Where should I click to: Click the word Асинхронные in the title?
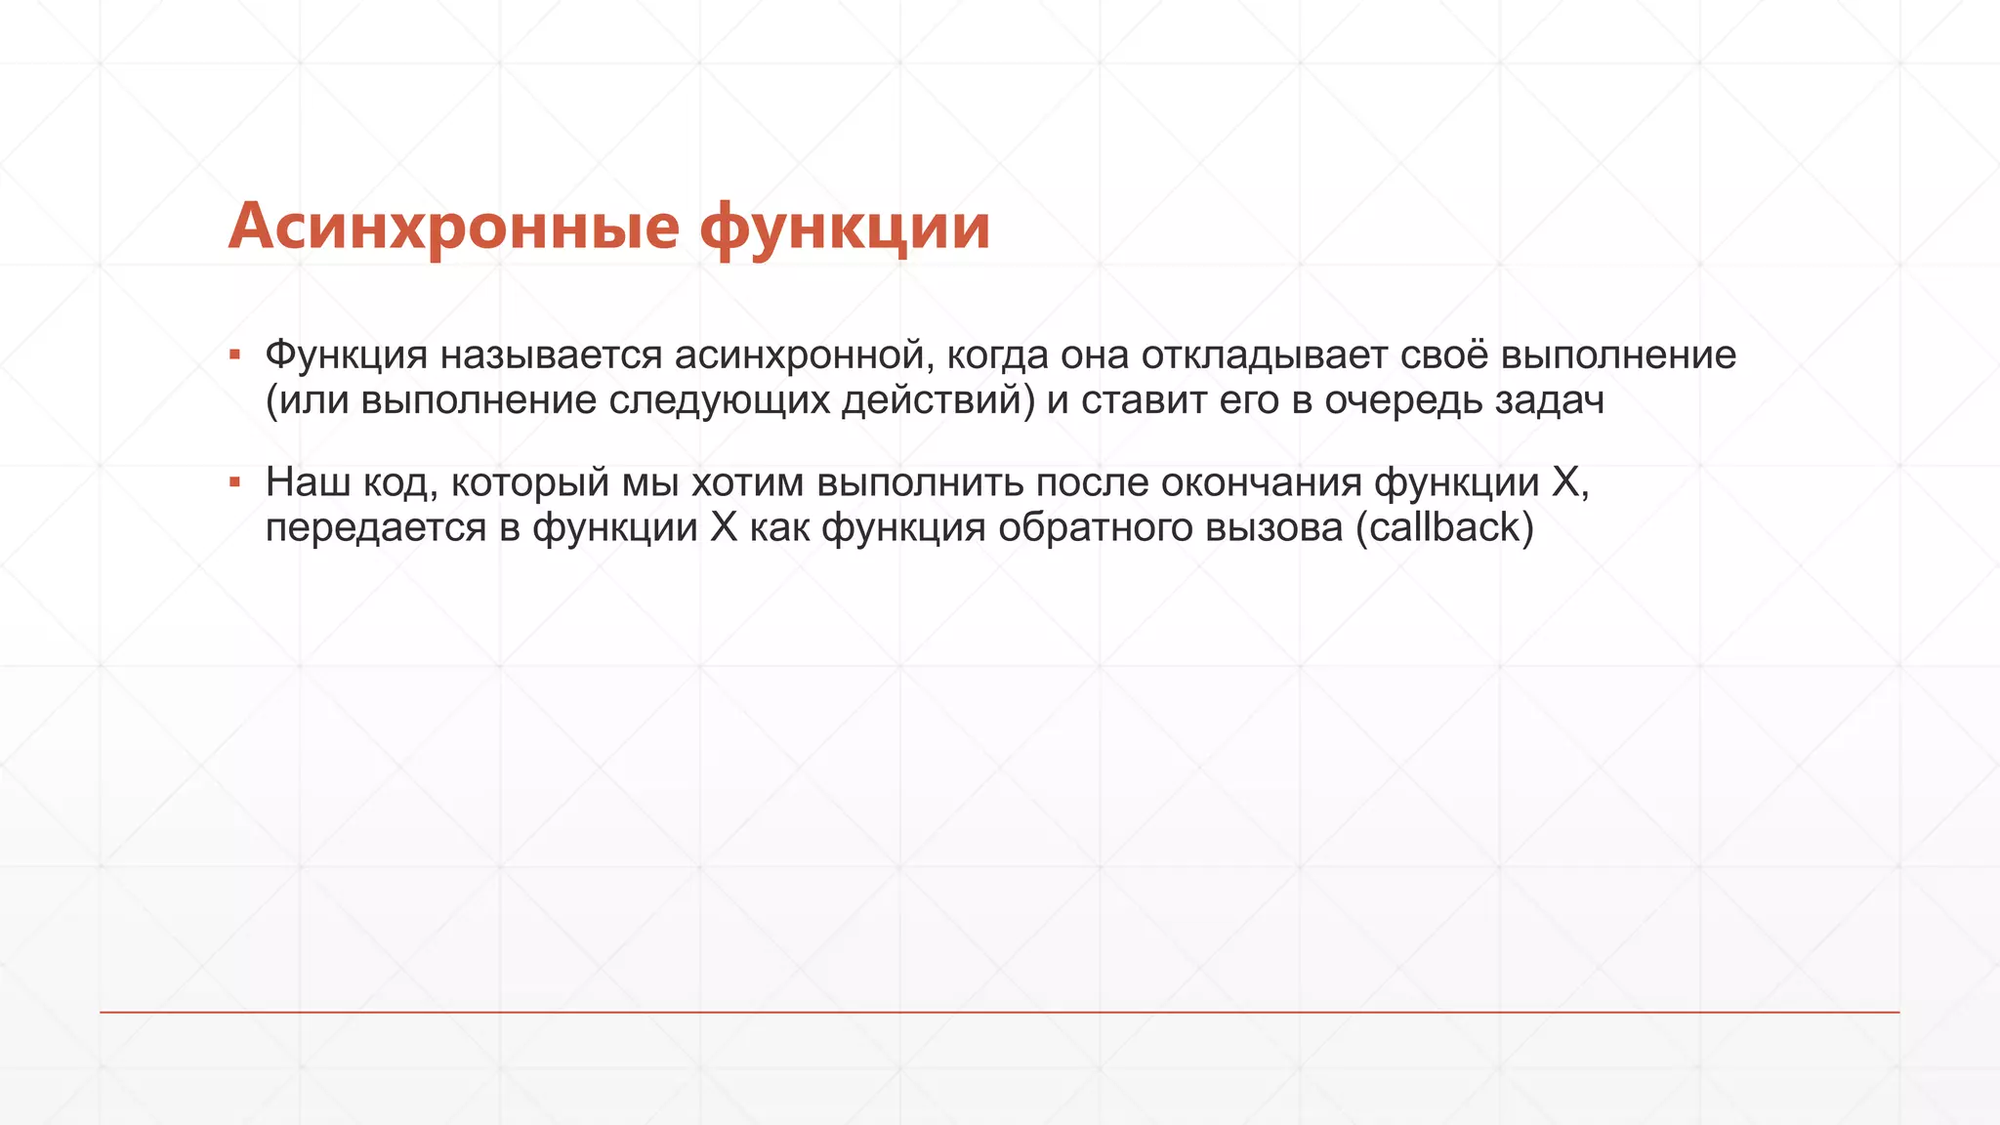click(454, 227)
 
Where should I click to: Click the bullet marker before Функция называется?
click(234, 354)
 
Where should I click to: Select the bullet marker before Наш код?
click(234, 481)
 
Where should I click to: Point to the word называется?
click(551, 355)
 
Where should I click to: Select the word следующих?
click(720, 401)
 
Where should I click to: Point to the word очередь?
click(1404, 401)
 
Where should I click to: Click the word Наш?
click(308, 482)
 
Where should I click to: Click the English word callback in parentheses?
click(1445, 528)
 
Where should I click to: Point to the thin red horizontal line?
click(1000, 1012)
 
